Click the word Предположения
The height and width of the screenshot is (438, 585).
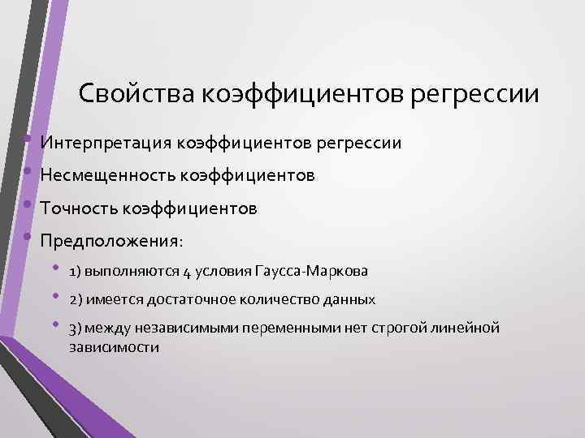point(110,242)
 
